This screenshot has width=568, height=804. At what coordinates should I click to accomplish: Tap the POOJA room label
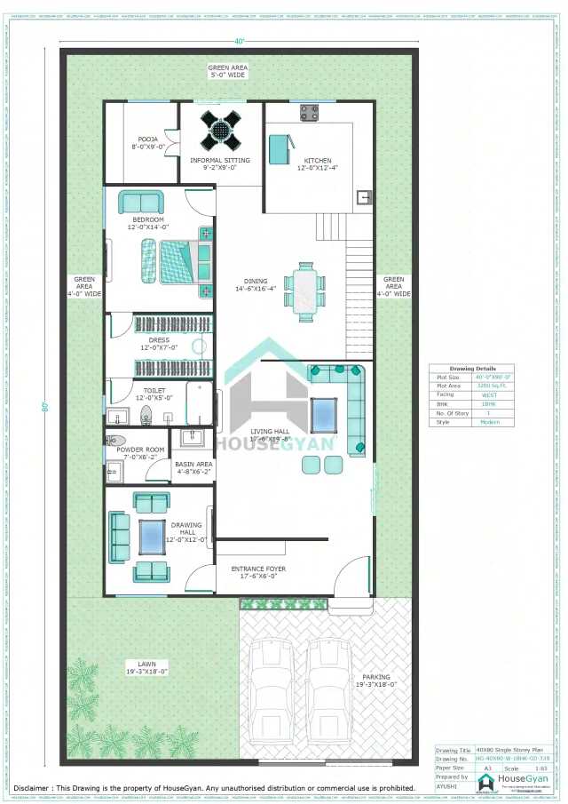point(147,139)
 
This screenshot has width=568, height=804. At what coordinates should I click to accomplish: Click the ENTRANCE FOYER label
point(255,569)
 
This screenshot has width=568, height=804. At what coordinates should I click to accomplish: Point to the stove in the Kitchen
point(309,113)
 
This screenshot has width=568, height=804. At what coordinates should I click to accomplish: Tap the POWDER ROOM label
point(141,450)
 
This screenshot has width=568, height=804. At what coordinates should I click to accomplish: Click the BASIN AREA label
point(193,465)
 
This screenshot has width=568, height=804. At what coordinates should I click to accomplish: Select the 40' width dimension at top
point(239,41)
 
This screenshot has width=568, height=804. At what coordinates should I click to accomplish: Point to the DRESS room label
point(159,340)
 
